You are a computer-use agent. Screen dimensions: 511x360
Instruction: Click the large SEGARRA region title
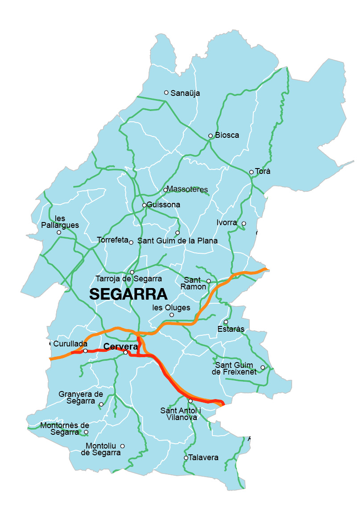128,294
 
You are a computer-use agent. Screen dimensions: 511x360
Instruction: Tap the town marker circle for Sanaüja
166,93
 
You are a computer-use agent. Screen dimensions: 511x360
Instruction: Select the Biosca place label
227,135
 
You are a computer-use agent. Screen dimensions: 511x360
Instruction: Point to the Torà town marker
252,172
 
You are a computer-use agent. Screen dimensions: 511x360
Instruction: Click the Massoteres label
187,190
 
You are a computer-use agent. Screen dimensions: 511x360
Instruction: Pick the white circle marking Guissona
144,205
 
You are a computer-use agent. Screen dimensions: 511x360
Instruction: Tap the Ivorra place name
227,222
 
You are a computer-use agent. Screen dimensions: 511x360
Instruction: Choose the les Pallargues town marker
59,232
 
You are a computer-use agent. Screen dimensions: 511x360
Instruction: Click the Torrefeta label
112,240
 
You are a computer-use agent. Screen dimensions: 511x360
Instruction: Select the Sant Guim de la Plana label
178,241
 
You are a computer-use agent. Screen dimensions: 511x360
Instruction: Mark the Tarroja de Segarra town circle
132,272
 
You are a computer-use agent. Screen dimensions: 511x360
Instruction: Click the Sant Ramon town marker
208,281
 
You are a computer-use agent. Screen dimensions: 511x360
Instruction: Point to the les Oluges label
171,308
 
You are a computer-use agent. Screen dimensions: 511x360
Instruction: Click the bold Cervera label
120,346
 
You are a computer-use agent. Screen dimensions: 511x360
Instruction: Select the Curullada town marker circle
85,351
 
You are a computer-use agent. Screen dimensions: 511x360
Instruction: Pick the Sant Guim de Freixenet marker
263,367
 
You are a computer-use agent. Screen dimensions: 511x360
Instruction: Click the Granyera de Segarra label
81,397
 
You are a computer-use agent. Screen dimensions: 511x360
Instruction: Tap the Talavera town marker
186,458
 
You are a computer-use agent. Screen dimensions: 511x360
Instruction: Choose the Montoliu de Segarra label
101,449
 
